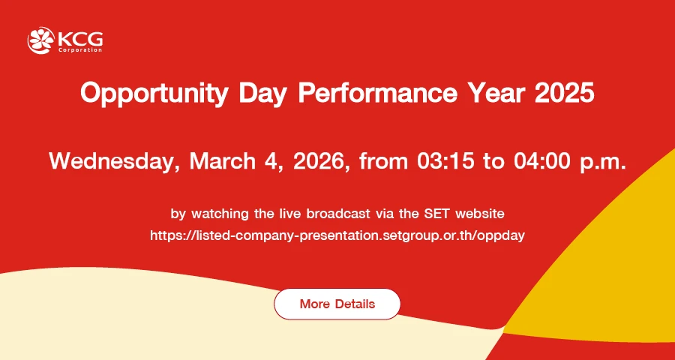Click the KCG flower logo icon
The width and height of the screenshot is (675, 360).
41,40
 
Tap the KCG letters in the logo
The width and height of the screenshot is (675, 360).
80,39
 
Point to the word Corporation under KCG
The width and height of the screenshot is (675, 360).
80,50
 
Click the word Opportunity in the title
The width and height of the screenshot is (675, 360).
153,94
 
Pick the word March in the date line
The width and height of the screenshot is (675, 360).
223,160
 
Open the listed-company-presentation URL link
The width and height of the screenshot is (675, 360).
337,236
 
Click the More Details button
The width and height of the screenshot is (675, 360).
337,304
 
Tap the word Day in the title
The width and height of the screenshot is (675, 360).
262,94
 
